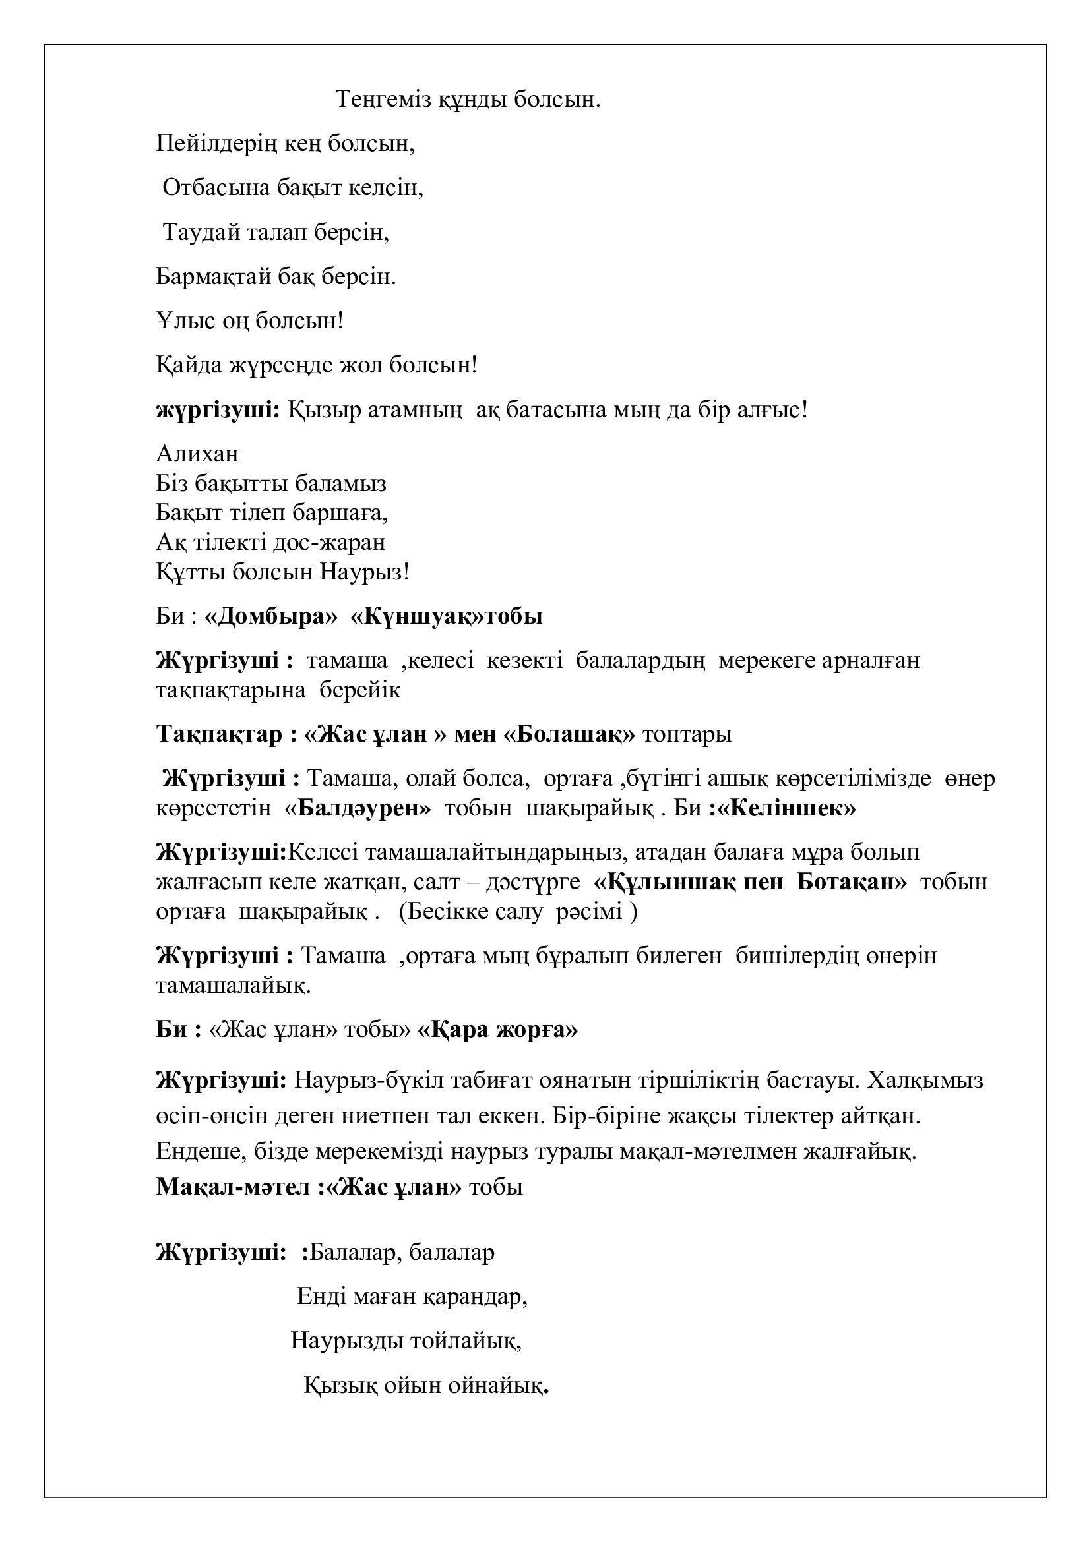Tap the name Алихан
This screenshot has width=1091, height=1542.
click(x=197, y=454)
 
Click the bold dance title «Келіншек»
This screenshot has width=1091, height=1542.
click(x=787, y=809)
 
